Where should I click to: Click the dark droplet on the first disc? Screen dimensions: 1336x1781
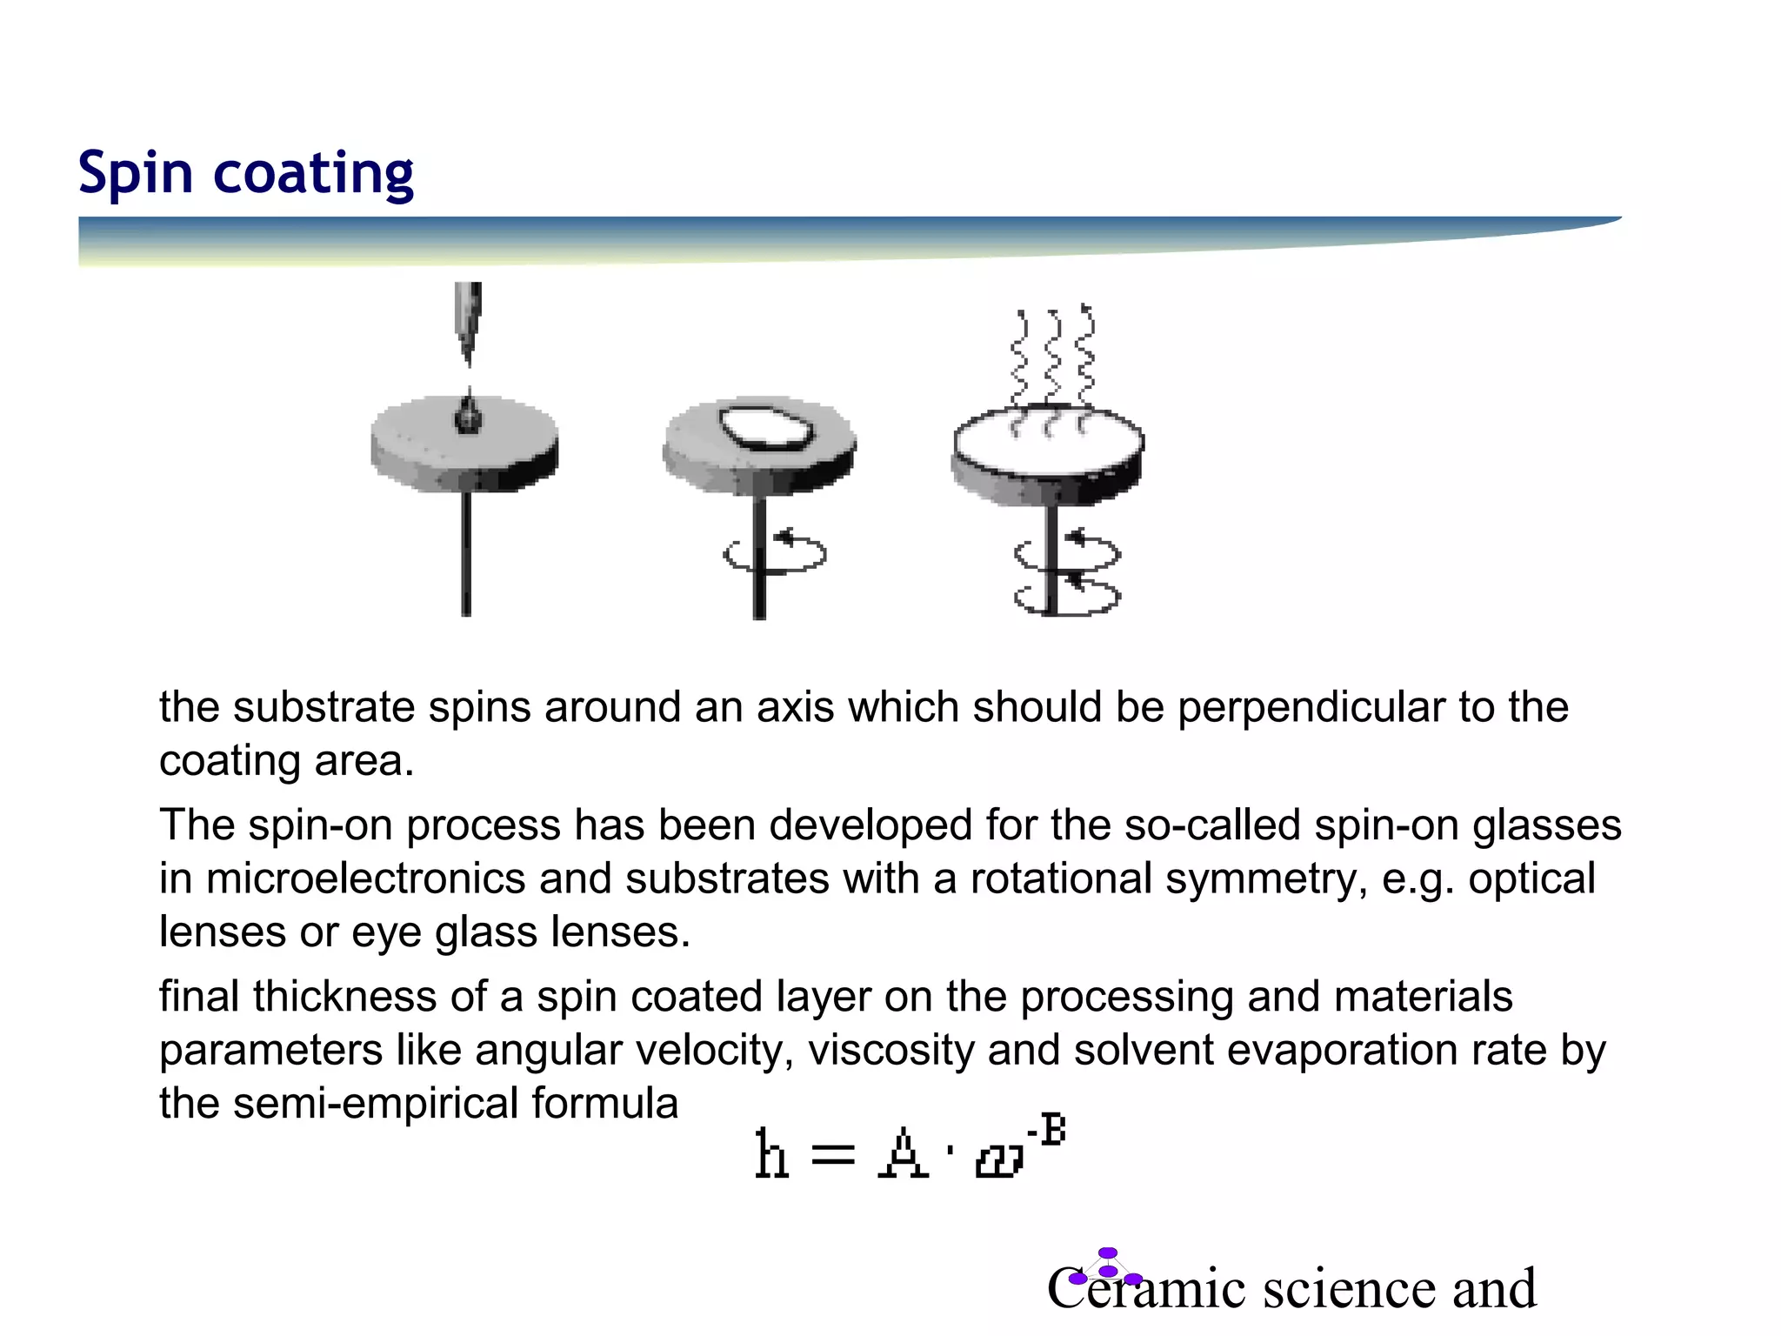[x=468, y=416]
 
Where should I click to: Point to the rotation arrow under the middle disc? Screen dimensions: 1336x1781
[x=774, y=553]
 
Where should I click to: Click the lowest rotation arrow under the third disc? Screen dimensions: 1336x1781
[x=1067, y=597]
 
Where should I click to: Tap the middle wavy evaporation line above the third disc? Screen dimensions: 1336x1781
[x=1053, y=357]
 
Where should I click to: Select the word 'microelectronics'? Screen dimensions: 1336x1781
[x=365, y=878]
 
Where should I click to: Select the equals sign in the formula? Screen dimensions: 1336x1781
[x=832, y=1157]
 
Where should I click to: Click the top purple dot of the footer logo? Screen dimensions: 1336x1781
[x=1107, y=1252]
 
